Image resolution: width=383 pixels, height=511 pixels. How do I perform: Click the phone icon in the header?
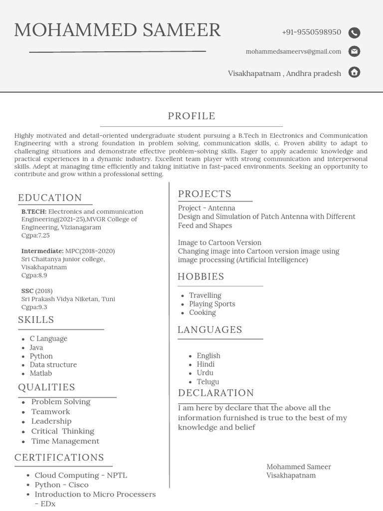tap(354, 33)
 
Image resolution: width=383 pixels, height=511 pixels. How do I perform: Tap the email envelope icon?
tap(354, 51)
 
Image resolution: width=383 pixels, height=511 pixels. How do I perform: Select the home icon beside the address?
tap(354, 72)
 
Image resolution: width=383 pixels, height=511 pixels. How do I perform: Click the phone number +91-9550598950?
tap(311, 32)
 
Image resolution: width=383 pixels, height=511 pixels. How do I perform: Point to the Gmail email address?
tap(293, 51)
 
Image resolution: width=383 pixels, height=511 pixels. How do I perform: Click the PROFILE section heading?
tap(191, 116)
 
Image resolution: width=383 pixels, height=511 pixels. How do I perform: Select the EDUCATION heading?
tap(50, 198)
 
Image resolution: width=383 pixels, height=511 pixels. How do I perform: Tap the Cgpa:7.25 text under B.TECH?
tap(35, 235)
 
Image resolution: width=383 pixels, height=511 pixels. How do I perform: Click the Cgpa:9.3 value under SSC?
tap(34, 307)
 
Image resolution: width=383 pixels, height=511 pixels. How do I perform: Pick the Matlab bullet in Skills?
tap(40, 373)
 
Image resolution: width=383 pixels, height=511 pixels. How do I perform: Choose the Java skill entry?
tap(36, 347)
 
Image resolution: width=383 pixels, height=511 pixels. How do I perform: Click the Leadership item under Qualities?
tap(51, 421)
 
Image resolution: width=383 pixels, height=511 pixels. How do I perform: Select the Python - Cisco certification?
tap(61, 485)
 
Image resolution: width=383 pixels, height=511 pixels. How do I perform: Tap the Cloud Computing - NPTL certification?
tap(81, 475)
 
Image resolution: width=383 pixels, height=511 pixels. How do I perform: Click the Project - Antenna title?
tap(206, 208)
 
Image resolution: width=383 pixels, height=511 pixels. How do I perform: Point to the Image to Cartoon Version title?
tap(219, 243)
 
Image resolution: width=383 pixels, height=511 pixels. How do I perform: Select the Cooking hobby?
tap(202, 312)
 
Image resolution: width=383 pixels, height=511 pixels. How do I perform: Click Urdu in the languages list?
tap(205, 373)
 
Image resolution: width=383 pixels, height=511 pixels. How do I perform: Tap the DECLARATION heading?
tap(216, 393)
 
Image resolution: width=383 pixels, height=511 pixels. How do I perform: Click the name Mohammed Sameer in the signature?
tap(299, 467)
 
